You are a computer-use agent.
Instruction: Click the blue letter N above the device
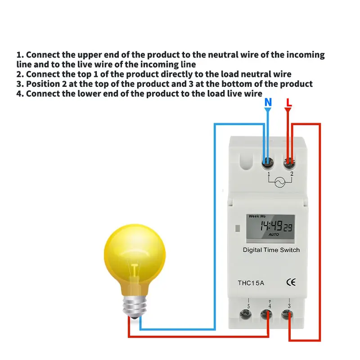pos(268,102)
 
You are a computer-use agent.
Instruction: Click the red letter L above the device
pos(288,102)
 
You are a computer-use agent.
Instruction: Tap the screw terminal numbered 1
pos(268,161)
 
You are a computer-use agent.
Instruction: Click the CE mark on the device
pos(291,283)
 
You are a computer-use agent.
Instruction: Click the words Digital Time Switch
pos(271,250)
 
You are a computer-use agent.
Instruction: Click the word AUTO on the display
pos(274,235)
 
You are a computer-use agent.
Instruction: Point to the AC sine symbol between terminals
pos(279,182)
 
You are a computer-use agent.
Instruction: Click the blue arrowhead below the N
pos(268,110)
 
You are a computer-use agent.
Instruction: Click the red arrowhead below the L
pos(288,110)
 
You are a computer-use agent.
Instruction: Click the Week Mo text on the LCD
pos(257,216)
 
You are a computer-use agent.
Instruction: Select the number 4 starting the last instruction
pos(19,94)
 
